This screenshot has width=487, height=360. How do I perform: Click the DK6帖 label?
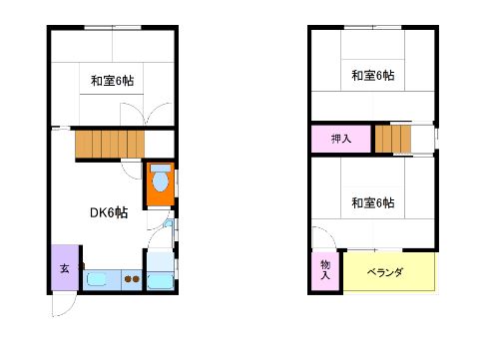[x=109, y=212]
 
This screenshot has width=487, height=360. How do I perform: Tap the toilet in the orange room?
[x=161, y=179]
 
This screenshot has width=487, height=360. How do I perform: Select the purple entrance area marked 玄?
[x=65, y=268]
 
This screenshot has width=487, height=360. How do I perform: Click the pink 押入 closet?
[x=341, y=139]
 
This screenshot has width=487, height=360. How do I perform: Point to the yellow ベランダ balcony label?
[x=385, y=272]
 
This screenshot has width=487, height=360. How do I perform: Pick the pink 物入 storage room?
[x=325, y=270]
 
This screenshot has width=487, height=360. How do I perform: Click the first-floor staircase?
[x=110, y=144]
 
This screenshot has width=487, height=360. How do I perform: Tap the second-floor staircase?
[x=393, y=139]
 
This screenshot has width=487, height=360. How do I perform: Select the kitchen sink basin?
[x=97, y=279]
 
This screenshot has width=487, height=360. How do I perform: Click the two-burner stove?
[x=132, y=279]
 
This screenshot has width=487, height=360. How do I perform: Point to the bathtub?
[x=161, y=281]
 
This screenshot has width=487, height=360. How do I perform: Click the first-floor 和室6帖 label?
[x=113, y=81]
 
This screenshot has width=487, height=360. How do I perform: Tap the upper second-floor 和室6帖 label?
[x=373, y=76]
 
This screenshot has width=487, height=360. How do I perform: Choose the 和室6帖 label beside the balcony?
[x=373, y=202]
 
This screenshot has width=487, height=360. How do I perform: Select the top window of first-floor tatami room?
[x=113, y=28]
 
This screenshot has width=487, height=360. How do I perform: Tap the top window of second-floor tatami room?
[x=373, y=28]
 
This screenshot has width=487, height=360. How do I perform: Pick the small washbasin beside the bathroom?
[x=169, y=223]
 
